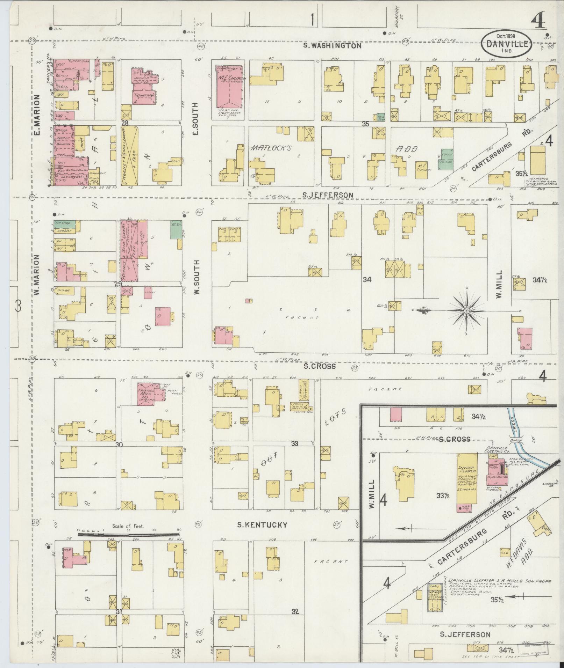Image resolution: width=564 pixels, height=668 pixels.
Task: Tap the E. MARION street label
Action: (37, 115)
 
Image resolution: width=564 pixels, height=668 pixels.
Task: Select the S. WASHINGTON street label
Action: (332, 45)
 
